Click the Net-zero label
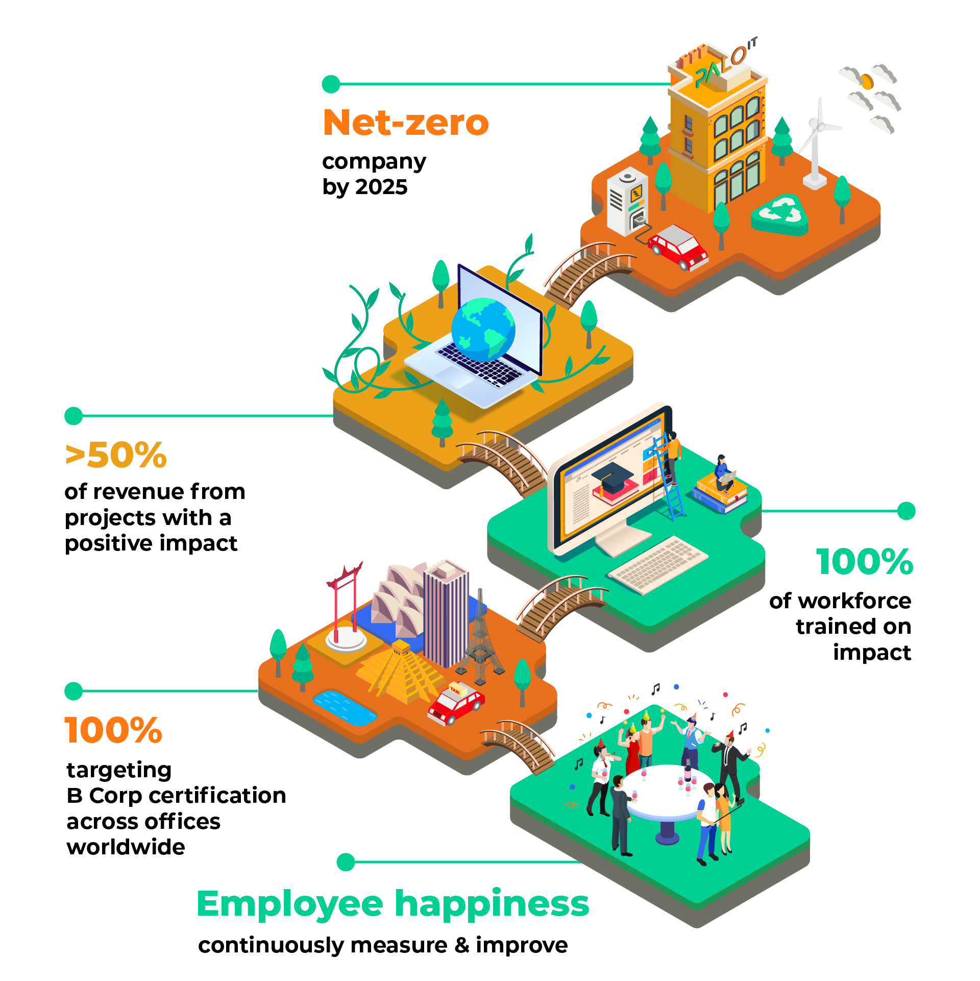[406, 123]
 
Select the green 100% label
[865, 562]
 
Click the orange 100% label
[113, 730]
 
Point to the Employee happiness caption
[393, 904]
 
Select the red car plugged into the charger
[678, 246]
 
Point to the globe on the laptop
[483, 329]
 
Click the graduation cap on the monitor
[613, 477]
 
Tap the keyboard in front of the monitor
[658, 564]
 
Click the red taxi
[456, 703]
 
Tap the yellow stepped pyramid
[401, 672]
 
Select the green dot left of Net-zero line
[331, 84]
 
